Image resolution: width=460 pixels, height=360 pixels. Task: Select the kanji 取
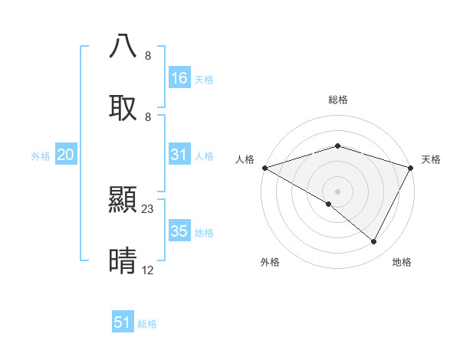(x=123, y=107)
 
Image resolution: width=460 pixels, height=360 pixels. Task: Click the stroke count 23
(x=148, y=208)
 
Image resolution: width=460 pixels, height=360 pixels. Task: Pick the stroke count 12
(x=148, y=270)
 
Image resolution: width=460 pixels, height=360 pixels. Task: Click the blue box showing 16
(x=179, y=78)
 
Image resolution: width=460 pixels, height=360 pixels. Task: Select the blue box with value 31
(x=179, y=155)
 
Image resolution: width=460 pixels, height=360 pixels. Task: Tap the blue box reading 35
(x=179, y=231)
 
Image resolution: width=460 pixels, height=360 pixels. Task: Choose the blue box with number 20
(x=66, y=155)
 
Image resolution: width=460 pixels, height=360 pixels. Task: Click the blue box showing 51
(x=123, y=322)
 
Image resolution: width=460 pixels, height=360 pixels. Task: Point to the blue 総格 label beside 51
(x=147, y=324)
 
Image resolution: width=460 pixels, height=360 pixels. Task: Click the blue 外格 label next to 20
(x=41, y=156)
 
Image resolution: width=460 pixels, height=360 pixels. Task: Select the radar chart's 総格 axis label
(x=337, y=100)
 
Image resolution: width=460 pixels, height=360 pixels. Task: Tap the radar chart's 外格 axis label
(x=270, y=262)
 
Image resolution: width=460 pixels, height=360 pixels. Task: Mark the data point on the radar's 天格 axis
(x=411, y=168)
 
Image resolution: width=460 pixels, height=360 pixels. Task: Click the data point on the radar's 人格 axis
(x=264, y=168)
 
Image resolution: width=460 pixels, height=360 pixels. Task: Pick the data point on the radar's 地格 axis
(x=374, y=241)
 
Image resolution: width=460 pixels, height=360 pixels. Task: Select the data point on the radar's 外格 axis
(x=329, y=204)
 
